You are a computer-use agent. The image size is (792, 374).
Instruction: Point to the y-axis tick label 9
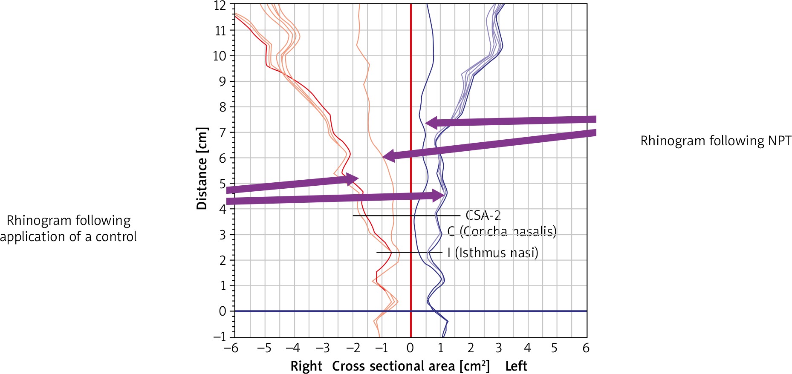coord(223,81)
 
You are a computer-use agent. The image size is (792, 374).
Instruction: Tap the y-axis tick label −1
coord(220,337)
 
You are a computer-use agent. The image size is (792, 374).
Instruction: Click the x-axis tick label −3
coord(323,348)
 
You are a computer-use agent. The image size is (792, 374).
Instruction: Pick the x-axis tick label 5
coord(554,348)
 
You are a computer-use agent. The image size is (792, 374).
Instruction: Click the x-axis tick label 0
coord(410,348)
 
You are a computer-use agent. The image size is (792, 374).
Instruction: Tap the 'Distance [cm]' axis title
coord(202,168)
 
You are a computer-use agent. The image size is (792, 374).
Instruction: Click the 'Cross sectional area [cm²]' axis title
coord(411,366)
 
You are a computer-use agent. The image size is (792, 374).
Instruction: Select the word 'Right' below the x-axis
coord(306,366)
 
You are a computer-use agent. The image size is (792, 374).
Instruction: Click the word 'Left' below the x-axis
coord(516,366)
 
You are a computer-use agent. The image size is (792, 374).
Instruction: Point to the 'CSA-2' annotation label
coord(483,216)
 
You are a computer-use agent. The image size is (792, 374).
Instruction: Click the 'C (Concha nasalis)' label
coord(502,231)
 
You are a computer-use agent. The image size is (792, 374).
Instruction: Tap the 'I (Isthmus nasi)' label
coord(492,253)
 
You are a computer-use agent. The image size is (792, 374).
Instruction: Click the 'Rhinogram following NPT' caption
coord(716,141)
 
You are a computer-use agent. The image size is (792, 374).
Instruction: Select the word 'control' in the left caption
coord(116,236)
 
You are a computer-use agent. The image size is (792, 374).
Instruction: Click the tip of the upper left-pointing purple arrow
coord(426,123)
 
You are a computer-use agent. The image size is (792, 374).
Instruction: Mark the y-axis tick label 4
coord(223,209)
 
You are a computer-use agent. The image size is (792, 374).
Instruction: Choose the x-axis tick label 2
coord(471,348)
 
